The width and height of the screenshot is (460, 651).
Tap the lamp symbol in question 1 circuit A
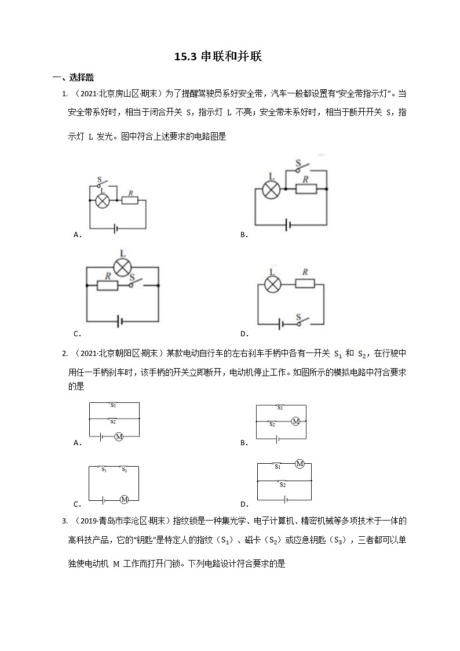click(103, 201)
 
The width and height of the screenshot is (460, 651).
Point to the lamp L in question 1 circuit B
click(272, 190)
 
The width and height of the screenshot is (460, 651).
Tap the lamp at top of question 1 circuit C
click(122, 267)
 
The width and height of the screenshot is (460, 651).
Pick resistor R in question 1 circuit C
click(108, 285)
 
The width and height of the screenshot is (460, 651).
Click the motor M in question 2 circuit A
click(119, 436)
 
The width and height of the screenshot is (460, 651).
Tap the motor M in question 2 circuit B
click(295, 421)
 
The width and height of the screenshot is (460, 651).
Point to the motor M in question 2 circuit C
click(123, 499)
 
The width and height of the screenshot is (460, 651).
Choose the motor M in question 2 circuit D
click(300, 463)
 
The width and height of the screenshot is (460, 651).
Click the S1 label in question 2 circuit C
click(104, 470)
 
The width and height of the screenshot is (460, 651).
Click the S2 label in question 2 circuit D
click(282, 484)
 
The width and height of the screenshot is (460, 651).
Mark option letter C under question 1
click(77, 334)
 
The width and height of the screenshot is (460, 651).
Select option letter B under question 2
click(244, 443)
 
